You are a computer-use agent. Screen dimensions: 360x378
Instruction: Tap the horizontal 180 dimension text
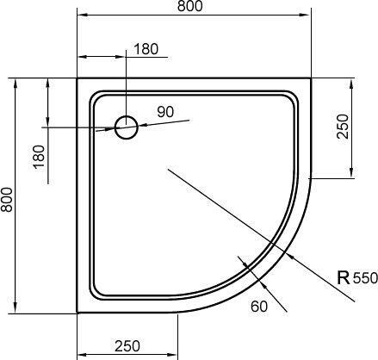[146, 49]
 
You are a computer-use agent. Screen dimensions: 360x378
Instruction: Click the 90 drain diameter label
[165, 111]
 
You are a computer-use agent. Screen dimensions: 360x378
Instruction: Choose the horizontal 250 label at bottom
[127, 346]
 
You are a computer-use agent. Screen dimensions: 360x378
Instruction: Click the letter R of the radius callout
[343, 278]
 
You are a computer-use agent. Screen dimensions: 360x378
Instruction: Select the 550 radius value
[365, 279]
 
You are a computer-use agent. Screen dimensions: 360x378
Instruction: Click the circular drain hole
[127, 128]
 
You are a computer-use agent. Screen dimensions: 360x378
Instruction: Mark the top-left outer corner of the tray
[77, 78]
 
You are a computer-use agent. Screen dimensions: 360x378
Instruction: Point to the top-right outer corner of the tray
[311, 78]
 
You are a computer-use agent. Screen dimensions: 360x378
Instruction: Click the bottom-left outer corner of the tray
[77, 313]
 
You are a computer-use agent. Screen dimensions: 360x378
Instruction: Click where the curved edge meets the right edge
[311, 178]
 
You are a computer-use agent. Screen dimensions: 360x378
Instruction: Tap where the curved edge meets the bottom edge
[177, 313]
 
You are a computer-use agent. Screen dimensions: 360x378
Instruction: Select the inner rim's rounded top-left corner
[93, 94]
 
